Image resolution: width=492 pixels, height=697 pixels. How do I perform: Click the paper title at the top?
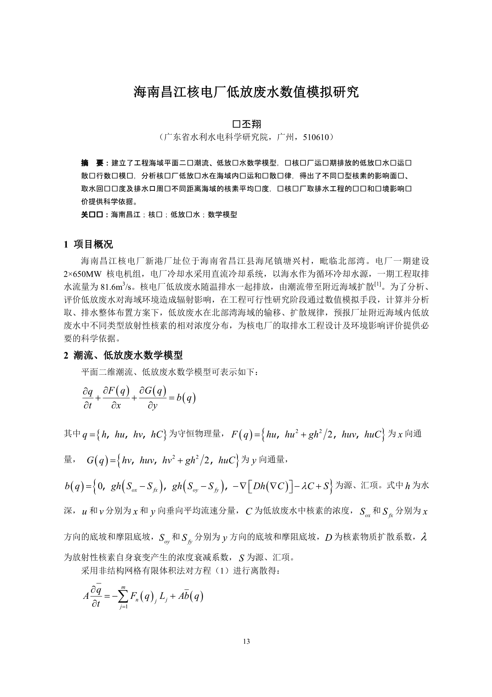(246, 92)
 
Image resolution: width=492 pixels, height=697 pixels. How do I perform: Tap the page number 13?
(246, 641)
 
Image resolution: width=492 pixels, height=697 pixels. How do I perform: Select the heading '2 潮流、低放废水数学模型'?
(123, 355)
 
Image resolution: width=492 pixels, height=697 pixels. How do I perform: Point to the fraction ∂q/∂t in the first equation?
(87, 399)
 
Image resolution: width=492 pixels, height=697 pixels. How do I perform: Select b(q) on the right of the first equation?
(186, 398)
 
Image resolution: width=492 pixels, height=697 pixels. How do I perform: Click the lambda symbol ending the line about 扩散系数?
(424, 537)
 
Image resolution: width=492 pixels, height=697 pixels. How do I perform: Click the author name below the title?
(246, 124)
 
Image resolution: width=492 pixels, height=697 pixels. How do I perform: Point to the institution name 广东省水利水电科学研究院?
(216, 137)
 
